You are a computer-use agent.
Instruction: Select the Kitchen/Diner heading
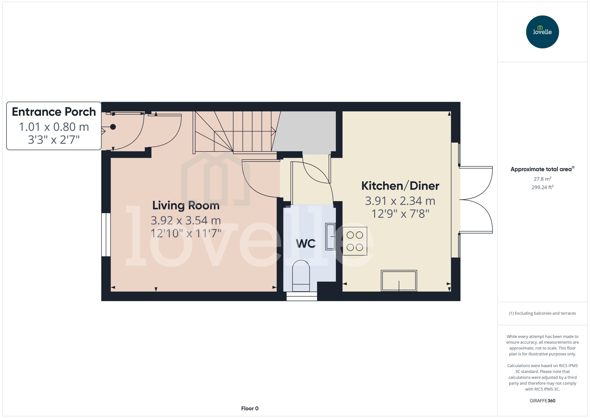400,186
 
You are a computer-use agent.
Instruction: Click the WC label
305,244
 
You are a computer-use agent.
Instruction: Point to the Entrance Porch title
54,112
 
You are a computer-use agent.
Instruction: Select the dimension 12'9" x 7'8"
400,214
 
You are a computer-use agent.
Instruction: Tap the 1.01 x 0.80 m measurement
54,127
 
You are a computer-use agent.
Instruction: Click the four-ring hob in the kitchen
355,241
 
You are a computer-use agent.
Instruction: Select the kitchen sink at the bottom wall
399,281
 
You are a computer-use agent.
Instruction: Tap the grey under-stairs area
306,131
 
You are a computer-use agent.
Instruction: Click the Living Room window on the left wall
106,235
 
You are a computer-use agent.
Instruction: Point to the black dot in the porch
113,127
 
